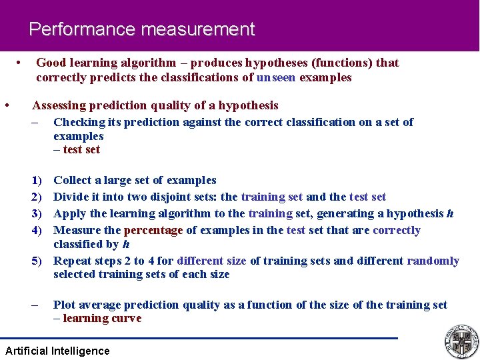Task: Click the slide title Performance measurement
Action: click(141, 29)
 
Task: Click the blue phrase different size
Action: click(211, 261)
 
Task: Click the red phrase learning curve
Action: click(102, 319)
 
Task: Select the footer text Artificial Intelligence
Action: click(57, 351)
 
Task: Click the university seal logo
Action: click(461, 341)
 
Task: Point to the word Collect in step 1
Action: click(73, 180)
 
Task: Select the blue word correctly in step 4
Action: click(397, 231)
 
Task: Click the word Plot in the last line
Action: click(65, 305)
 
